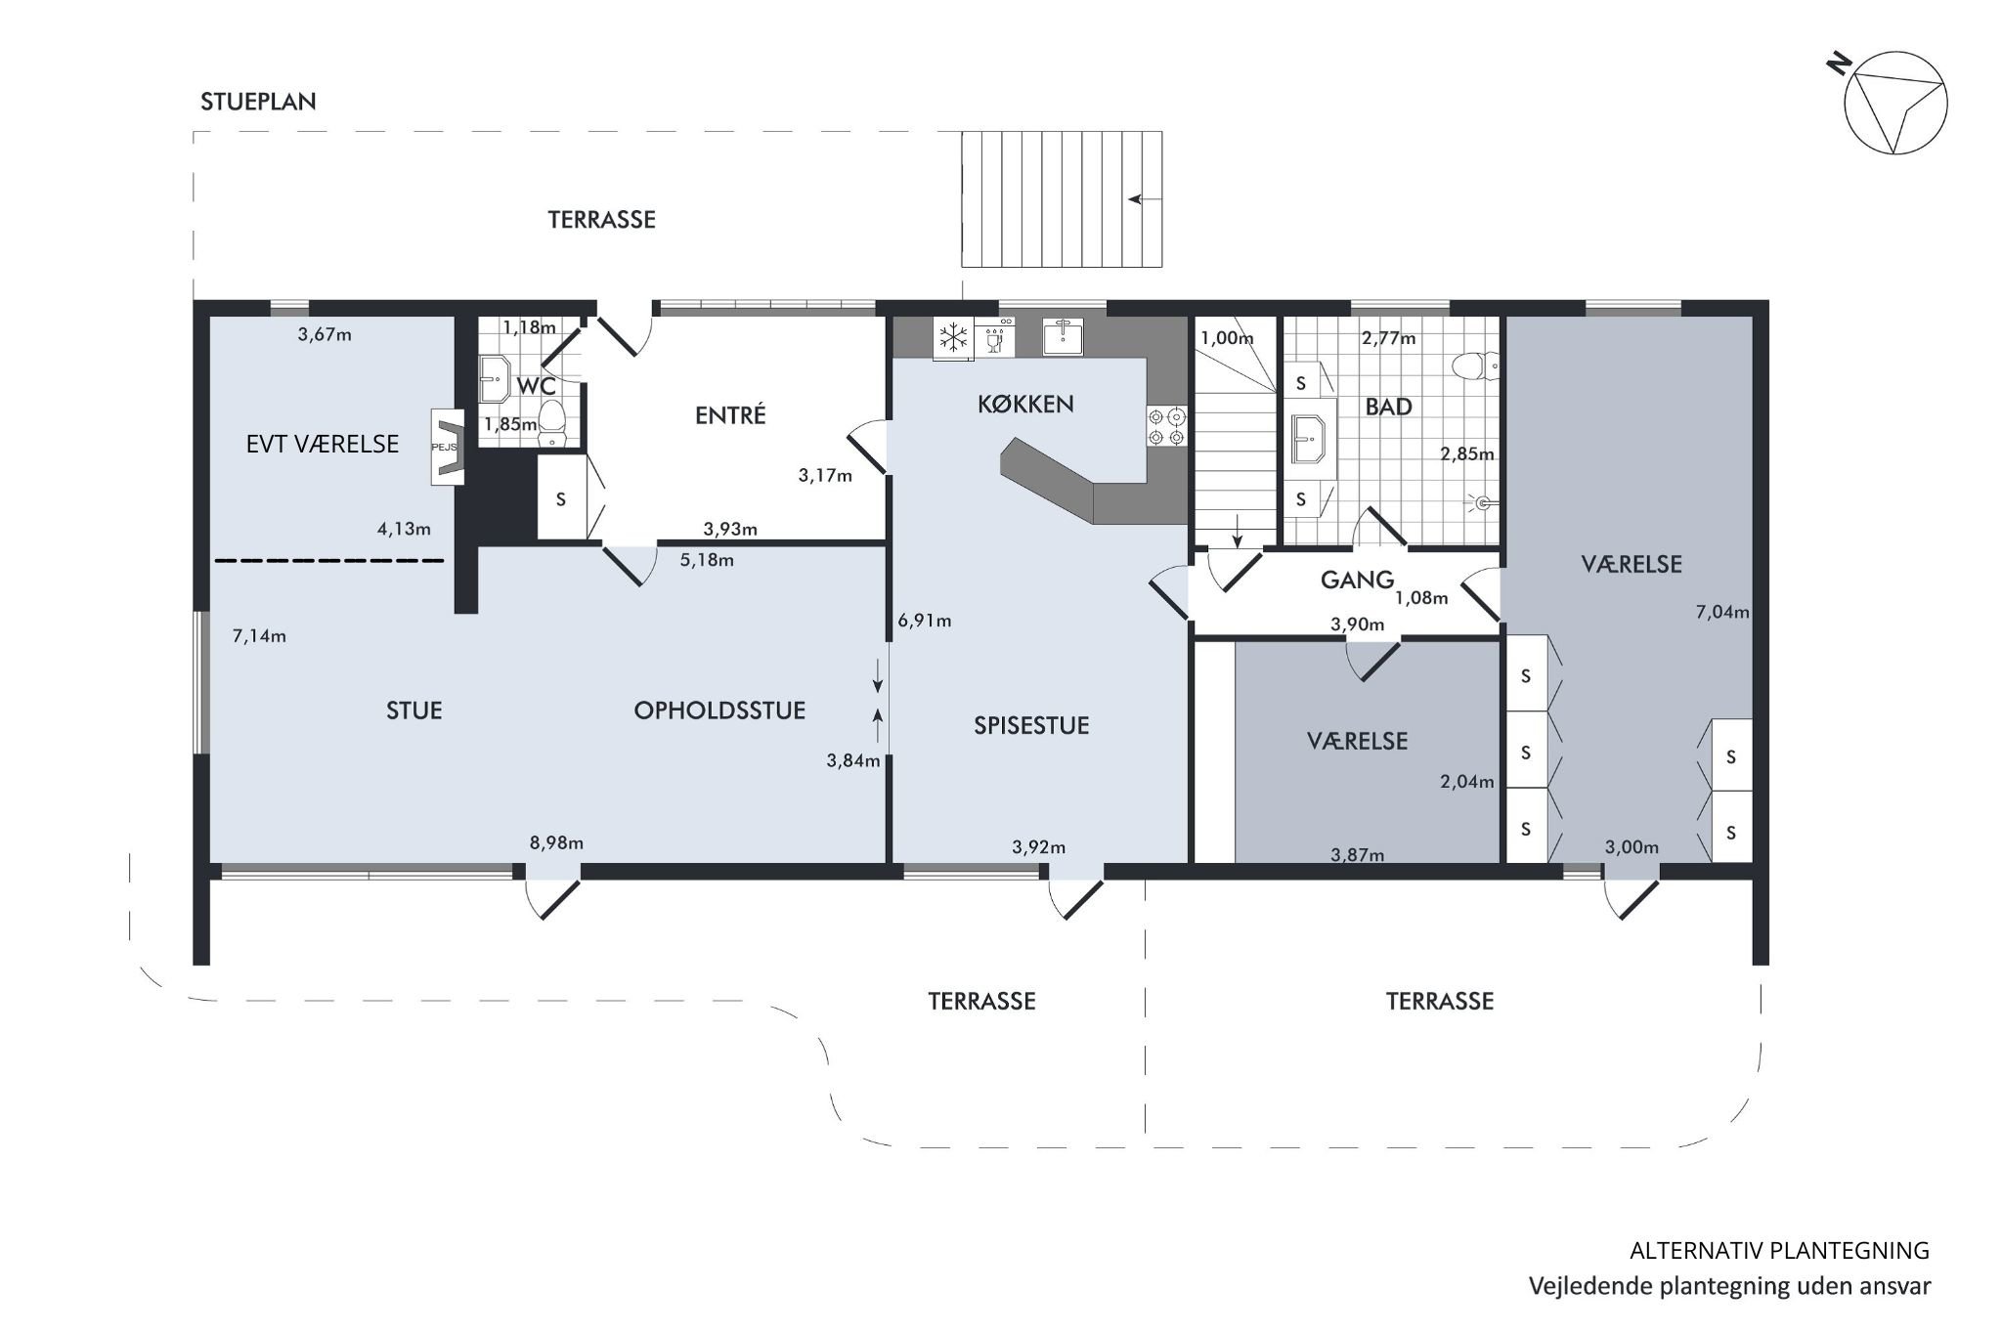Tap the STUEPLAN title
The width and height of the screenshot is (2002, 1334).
pyautogui.click(x=258, y=102)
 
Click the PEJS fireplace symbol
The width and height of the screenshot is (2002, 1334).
pyautogui.click(x=449, y=447)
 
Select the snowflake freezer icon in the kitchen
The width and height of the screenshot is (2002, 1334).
pyautogui.click(x=951, y=338)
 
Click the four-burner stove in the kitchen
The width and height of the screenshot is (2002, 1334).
pyautogui.click(x=1166, y=426)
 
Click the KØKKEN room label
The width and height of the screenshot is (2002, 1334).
pyautogui.click(x=1025, y=404)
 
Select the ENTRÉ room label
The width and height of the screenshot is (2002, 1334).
pyautogui.click(x=730, y=415)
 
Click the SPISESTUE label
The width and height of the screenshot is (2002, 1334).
pyautogui.click(x=1031, y=725)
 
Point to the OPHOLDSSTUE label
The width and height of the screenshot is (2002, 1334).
pyautogui.click(x=719, y=710)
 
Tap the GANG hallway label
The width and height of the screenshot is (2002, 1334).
pyautogui.click(x=1357, y=580)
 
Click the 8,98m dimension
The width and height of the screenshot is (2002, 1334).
pyautogui.click(x=556, y=843)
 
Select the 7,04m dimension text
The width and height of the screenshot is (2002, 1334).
pyautogui.click(x=1722, y=613)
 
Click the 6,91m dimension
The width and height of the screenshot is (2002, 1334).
pyautogui.click(x=924, y=621)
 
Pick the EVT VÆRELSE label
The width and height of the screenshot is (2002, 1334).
pyautogui.click(x=323, y=445)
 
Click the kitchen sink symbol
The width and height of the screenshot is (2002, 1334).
pyautogui.click(x=1063, y=335)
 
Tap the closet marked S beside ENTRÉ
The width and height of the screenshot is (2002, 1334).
pyautogui.click(x=561, y=498)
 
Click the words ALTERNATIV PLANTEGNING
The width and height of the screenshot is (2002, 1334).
pyautogui.click(x=1780, y=1250)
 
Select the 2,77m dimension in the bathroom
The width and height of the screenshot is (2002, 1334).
pyautogui.click(x=1388, y=339)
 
